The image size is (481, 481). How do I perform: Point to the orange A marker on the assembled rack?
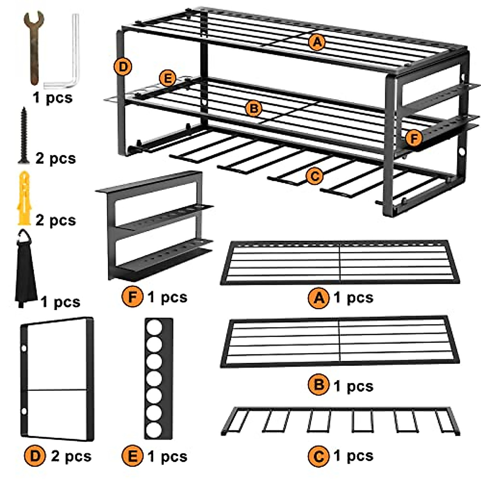317,42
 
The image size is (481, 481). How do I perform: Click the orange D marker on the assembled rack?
123,67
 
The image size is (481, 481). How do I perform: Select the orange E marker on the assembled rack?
167,78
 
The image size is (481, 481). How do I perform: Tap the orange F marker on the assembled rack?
413,139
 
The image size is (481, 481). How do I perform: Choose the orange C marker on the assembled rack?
315,176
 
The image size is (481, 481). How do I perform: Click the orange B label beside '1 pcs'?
319,385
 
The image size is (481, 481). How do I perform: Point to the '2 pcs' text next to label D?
71,456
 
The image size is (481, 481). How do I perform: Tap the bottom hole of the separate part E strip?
154,430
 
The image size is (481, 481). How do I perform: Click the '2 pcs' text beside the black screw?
55,158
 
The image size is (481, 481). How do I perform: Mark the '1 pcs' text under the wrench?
53,97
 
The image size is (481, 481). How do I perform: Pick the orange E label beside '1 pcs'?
133,456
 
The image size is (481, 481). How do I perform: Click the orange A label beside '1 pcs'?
319,298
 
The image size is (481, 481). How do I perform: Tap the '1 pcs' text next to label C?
353,456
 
